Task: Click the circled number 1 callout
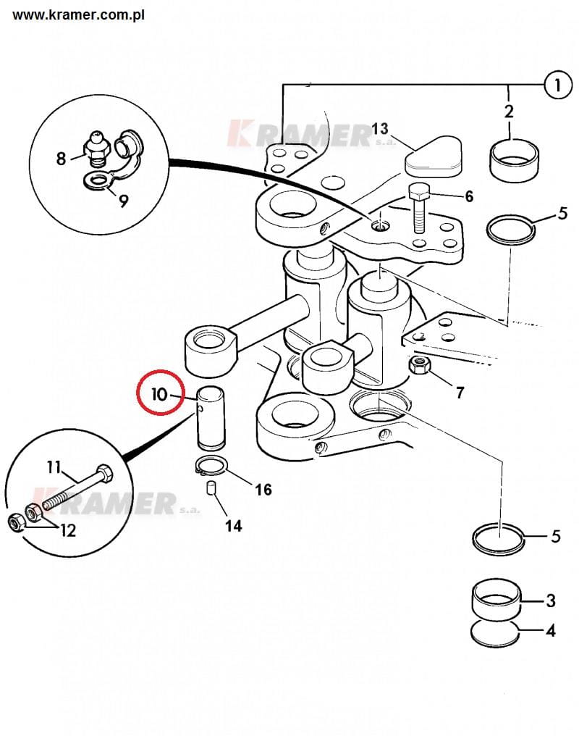coord(558,85)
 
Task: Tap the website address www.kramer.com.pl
coord(78,15)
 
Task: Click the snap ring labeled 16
coord(211,466)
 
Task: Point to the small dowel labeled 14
coord(211,488)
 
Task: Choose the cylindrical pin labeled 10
coord(211,417)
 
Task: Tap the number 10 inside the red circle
coord(159,394)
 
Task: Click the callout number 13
coord(380,128)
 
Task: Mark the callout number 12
coord(68,530)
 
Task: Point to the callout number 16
coord(263,490)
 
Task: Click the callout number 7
coord(460,393)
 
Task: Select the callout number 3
coord(551,601)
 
